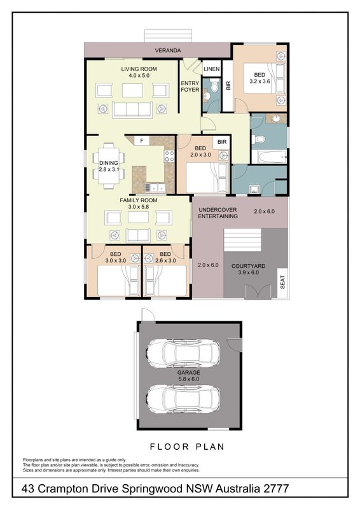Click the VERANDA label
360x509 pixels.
pyautogui.click(x=168, y=51)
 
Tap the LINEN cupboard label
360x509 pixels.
pyautogui.click(x=212, y=69)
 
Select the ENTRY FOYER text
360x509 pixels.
pyautogui.click(x=190, y=87)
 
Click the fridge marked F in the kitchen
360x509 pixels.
pyautogui.click(x=142, y=141)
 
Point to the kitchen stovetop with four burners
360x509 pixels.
pyautogui.click(x=169, y=156)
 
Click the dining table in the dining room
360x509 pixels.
pyautogui.click(x=108, y=165)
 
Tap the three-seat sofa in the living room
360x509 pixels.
pyautogui.click(x=132, y=109)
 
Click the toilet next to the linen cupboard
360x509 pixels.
pyautogui.click(x=214, y=86)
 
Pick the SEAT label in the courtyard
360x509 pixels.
pyautogui.click(x=282, y=282)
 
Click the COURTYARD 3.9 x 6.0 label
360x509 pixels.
pyautogui.click(x=248, y=269)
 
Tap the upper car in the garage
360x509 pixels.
pyautogui.click(x=183, y=353)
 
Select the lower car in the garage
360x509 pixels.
pyautogui.click(x=183, y=400)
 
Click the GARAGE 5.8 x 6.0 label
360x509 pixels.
pyautogui.click(x=188, y=375)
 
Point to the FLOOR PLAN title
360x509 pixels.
pyautogui.click(x=187, y=447)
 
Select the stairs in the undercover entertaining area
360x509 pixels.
pyautogui.click(x=242, y=240)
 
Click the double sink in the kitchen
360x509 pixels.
pyautogui.click(x=155, y=187)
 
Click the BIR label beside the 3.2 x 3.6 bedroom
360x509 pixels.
pyautogui.click(x=228, y=85)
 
